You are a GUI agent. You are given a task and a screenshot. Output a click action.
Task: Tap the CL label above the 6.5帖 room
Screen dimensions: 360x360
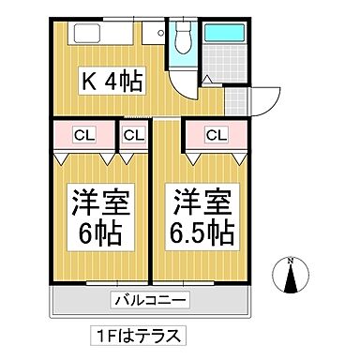click(216, 135)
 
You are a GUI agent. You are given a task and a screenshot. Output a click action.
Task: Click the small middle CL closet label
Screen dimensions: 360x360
click(133, 135)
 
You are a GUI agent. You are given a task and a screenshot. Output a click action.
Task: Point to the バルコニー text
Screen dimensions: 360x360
click(151, 300)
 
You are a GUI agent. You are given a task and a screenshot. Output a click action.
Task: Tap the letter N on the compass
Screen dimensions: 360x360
click(291, 262)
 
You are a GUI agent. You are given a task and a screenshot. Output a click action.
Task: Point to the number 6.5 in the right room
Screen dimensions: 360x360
click(192, 232)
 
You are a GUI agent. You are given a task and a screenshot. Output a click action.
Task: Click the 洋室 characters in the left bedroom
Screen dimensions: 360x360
click(97, 201)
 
